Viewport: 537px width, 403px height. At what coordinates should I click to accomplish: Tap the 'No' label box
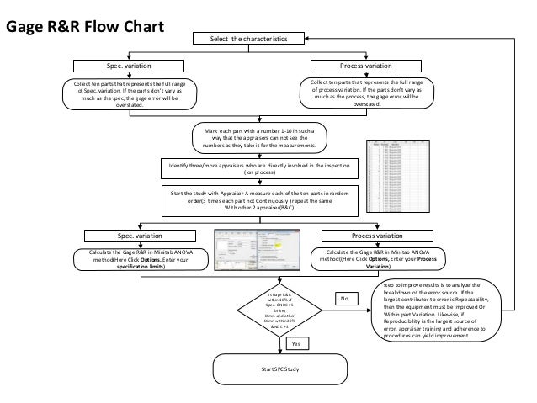[343, 299]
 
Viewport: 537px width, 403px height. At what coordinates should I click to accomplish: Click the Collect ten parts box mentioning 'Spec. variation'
[130, 93]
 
